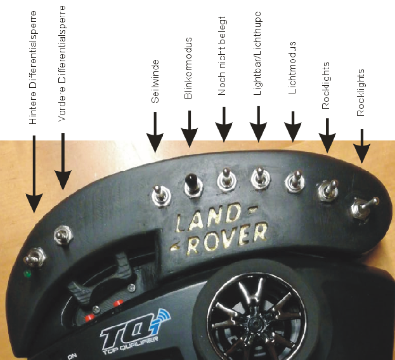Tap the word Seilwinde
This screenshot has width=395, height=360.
pos(155,81)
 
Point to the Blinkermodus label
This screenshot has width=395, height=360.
pos(189,68)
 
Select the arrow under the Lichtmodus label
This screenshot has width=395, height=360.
pos(293,127)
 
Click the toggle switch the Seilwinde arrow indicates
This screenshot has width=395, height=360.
pos(160,195)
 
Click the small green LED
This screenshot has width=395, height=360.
pos(28,274)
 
